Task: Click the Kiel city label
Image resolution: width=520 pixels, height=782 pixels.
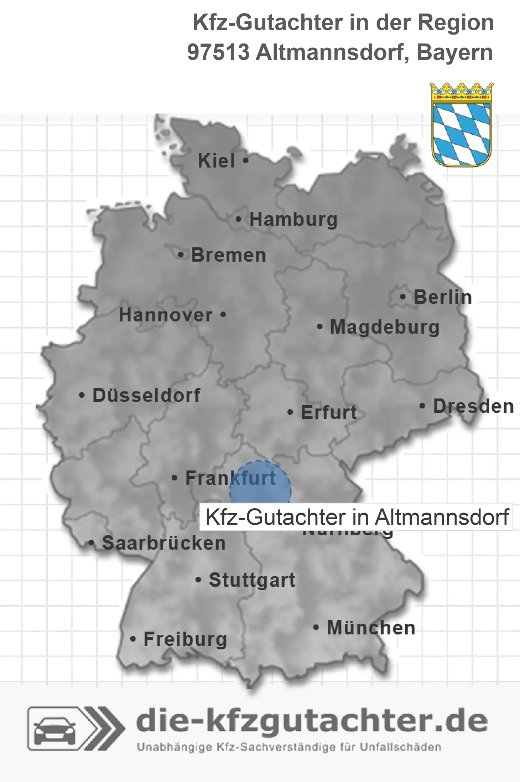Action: pyautogui.click(x=216, y=161)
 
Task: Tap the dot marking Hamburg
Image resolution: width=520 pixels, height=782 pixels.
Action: pyautogui.click(x=238, y=219)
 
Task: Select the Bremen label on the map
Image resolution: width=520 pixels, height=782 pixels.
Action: pyautogui.click(x=229, y=255)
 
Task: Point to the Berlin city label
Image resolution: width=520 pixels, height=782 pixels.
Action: pyautogui.click(x=443, y=297)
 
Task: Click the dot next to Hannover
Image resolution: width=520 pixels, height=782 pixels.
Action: pyautogui.click(x=223, y=315)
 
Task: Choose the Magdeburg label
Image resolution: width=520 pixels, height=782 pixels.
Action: pyautogui.click(x=385, y=327)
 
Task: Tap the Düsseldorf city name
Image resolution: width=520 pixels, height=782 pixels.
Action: pyautogui.click(x=146, y=395)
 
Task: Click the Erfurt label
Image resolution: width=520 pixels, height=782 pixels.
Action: pyautogui.click(x=329, y=412)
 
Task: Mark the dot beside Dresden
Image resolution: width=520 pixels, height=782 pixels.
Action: pyautogui.click(x=422, y=406)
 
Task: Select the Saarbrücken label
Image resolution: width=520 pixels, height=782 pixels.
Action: pyautogui.click(x=164, y=543)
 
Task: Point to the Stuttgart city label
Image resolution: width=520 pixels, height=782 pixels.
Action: pyautogui.click(x=252, y=580)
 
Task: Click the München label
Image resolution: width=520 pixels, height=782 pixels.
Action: pyautogui.click(x=371, y=628)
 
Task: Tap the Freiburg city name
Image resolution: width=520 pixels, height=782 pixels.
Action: pyautogui.click(x=185, y=639)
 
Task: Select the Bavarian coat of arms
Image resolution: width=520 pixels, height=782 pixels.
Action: pyautogui.click(x=462, y=124)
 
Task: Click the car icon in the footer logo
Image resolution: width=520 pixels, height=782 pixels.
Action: pyautogui.click(x=54, y=730)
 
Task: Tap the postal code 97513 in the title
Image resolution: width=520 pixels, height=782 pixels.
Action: pyautogui.click(x=218, y=52)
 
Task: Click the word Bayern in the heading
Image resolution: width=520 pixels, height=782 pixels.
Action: pyautogui.click(x=455, y=52)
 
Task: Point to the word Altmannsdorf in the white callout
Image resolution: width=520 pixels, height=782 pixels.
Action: pyautogui.click(x=442, y=517)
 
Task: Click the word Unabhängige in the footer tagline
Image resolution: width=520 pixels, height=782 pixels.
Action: pyautogui.click(x=175, y=747)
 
